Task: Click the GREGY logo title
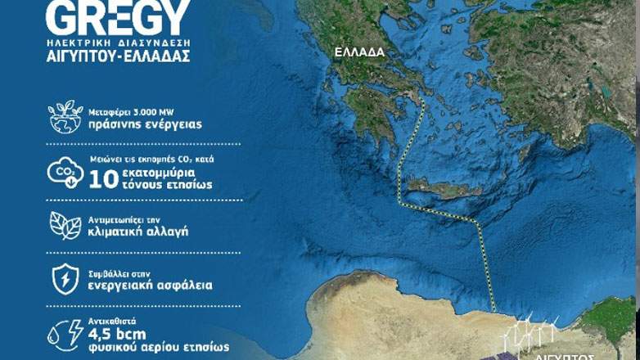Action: tap(119, 17)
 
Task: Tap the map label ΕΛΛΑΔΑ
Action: tap(358, 52)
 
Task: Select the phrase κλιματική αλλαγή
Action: tap(138, 232)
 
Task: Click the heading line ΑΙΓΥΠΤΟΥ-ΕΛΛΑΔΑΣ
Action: tap(119, 57)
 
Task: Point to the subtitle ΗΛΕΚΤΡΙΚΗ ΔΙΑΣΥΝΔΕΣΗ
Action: tap(119, 42)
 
